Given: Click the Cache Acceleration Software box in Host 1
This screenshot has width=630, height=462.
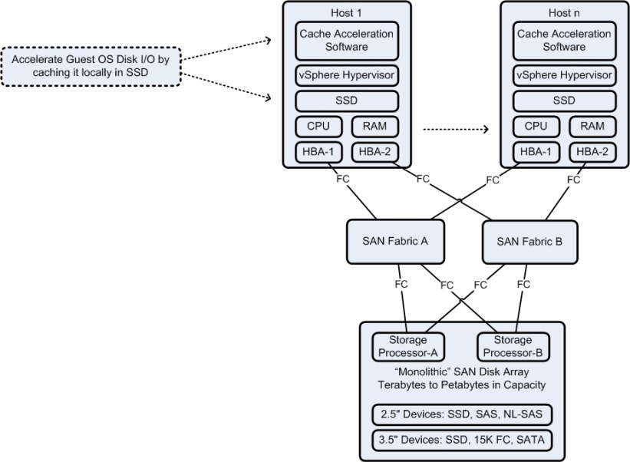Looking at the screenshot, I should pos(347,41).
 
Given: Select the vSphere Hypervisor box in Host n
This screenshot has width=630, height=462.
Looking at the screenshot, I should pos(565,75).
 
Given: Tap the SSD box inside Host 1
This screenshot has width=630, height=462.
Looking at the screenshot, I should pos(347,101).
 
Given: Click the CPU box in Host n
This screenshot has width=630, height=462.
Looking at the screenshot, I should pos(536,127).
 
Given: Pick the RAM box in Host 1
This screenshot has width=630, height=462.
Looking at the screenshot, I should pos(375,127).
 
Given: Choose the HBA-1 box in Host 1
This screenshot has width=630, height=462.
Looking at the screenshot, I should pos(318,152).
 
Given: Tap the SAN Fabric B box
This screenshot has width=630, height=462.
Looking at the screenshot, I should pos(529,241).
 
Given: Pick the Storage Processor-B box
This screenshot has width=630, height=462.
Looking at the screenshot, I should pos(513,347).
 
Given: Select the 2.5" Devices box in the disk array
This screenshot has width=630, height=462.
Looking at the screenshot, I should pos(462,414).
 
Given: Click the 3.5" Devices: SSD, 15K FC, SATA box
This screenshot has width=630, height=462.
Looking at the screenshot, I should pos(462,441).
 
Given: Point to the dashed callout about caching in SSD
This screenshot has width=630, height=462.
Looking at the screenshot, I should pos(91,66).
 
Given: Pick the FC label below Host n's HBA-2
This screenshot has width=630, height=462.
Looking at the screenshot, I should pos(572,180).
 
